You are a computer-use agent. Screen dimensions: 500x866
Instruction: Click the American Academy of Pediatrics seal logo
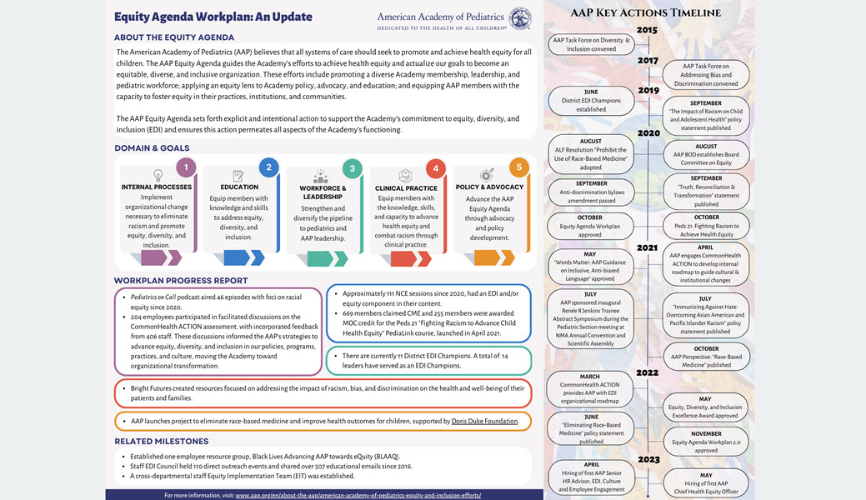tap(519, 18)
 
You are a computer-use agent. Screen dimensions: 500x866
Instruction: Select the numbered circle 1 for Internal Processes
tap(187, 167)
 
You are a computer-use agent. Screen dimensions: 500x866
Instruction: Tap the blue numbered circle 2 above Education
tap(268, 167)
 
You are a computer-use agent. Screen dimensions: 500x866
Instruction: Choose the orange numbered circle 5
tap(518, 167)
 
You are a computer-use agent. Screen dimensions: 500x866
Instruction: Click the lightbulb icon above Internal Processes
tap(158, 176)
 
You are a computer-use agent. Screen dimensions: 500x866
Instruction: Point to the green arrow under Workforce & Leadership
tap(324, 258)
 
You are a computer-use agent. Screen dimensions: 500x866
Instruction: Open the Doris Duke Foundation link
tap(484, 422)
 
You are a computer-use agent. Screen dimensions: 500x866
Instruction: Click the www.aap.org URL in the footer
tap(358, 495)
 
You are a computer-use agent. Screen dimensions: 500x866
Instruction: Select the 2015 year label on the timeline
tap(647, 31)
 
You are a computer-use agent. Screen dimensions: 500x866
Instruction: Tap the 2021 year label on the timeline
tap(647, 247)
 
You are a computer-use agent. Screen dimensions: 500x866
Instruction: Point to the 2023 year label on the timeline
tap(647, 457)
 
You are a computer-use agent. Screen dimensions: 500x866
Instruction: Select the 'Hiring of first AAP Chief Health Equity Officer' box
tap(707, 484)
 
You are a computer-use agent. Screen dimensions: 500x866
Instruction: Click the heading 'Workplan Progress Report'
tap(181, 281)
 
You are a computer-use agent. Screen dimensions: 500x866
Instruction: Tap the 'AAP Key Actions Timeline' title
tap(646, 12)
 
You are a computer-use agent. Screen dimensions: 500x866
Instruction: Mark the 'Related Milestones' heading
tap(162, 441)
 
